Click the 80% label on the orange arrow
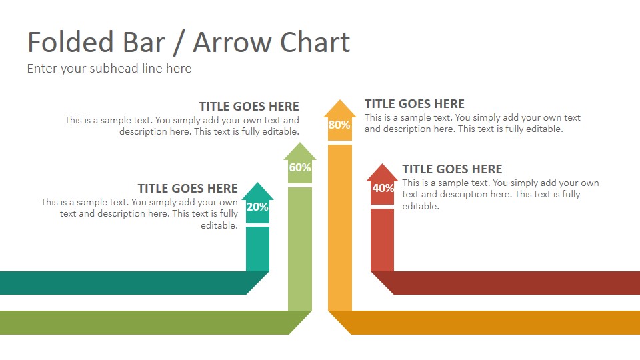[339, 125]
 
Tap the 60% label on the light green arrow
[300, 167]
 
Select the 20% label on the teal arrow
[257, 207]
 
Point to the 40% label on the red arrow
[383, 188]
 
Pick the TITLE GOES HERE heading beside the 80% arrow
[414, 104]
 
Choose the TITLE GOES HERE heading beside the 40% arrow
[452, 169]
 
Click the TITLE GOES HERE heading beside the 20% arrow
[187, 188]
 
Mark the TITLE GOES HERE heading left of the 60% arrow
[249, 106]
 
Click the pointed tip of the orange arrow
[340, 100]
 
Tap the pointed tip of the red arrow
[382, 164]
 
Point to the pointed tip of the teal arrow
[257, 183]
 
